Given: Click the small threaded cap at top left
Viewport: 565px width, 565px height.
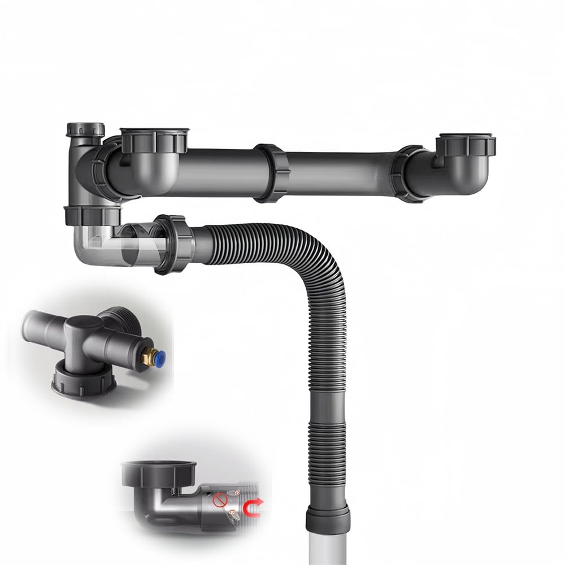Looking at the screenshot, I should [x=85, y=130].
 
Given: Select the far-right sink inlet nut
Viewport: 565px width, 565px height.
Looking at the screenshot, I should [x=467, y=144].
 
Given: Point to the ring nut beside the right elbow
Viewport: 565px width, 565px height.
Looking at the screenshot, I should [x=411, y=173].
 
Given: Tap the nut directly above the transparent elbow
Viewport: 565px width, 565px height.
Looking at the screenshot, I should [x=93, y=214].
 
